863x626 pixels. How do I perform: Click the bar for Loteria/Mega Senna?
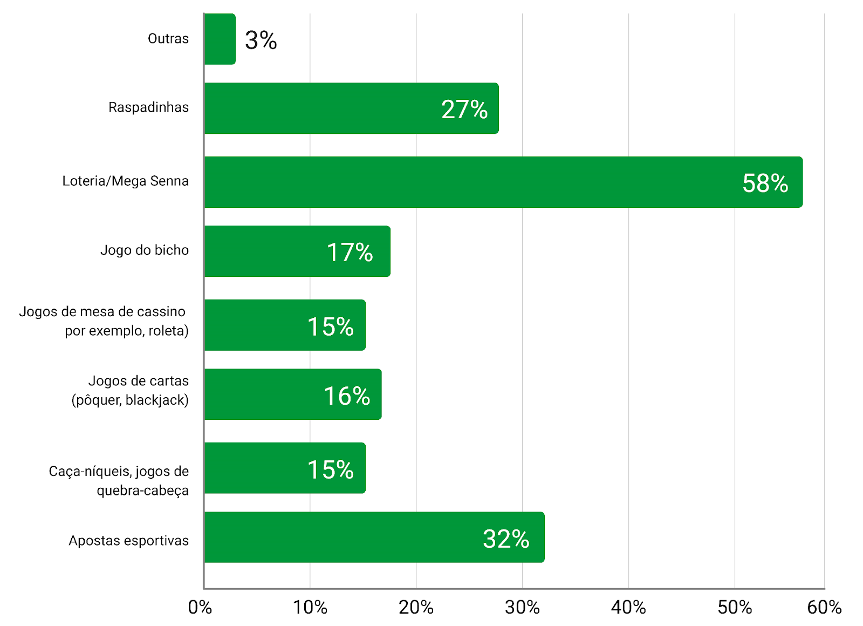coord(503,182)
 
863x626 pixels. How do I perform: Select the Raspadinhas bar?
coord(351,108)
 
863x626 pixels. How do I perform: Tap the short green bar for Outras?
coord(220,39)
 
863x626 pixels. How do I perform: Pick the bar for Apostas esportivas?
coord(374,537)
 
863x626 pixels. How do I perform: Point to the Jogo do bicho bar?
coord(297,251)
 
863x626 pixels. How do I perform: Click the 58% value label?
coord(765,183)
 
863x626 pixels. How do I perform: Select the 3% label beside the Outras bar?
coord(261,40)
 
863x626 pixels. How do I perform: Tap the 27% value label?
coord(464,110)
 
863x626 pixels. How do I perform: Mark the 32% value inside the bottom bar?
coord(506,539)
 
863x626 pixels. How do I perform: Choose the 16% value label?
coord(347,396)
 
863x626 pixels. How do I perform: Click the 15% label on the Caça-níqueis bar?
coord(331,469)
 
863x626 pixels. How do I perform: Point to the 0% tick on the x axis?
coord(200,608)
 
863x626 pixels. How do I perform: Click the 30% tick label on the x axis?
coord(522,608)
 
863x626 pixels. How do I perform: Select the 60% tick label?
coord(824,608)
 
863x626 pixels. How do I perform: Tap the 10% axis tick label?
coord(310,608)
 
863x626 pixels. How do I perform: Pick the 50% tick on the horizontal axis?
coord(735,608)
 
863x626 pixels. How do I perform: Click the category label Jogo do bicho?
coord(145,250)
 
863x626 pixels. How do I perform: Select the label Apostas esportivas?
coord(129,541)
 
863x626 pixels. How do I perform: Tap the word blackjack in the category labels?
coord(157,400)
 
